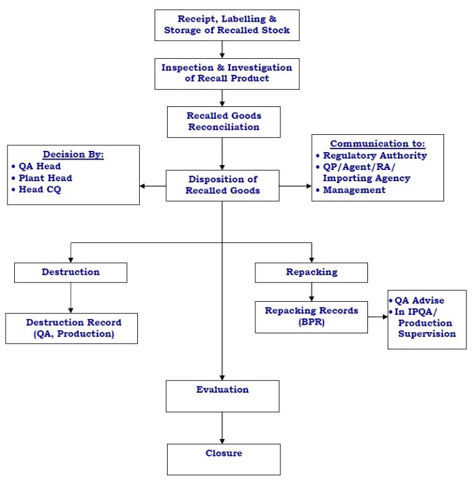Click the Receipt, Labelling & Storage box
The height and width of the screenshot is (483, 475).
click(x=227, y=25)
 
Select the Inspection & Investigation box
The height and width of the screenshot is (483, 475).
click(x=227, y=74)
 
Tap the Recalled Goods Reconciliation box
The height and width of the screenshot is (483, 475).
click(x=224, y=122)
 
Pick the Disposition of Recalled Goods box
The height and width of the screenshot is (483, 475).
click(x=223, y=186)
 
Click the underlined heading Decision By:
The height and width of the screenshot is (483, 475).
click(x=74, y=155)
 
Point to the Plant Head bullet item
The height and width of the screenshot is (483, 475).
click(x=42, y=178)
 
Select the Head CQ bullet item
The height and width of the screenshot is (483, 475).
click(x=36, y=189)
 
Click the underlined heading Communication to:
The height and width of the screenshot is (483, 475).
click(x=378, y=143)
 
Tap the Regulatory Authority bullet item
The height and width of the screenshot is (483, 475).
click(x=372, y=156)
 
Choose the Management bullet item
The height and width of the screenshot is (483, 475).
click(x=351, y=190)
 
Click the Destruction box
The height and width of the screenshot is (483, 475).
click(x=71, y=273)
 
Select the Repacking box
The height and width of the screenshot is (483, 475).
click(x=312, y=273)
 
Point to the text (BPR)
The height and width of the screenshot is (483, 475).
click(x=312, y=322)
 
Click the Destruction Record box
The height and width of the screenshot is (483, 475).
click(x=72, y=328)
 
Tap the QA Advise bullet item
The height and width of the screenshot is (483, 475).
click(x=416, y=301)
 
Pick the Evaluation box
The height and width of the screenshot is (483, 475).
click(x=223, y=396)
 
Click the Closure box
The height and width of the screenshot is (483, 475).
click(x=224, y=459)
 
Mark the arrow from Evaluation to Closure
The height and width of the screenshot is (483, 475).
click(x=222, y=428)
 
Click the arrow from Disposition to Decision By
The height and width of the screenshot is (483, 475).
click(x=153, y=186)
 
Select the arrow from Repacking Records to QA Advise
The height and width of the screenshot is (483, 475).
click(x=378, y=317)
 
